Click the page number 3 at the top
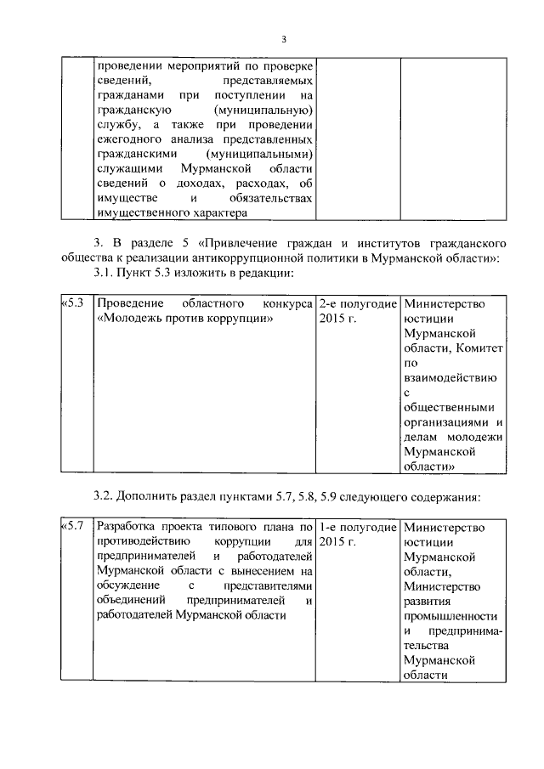pos(285,39)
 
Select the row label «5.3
pos(73,303)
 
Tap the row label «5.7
pos(73,526)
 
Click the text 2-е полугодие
pos(358,303)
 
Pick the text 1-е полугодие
pos(358,526)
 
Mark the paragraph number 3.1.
pos(105,273)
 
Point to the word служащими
pos(127,169)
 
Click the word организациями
pos(446,421)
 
